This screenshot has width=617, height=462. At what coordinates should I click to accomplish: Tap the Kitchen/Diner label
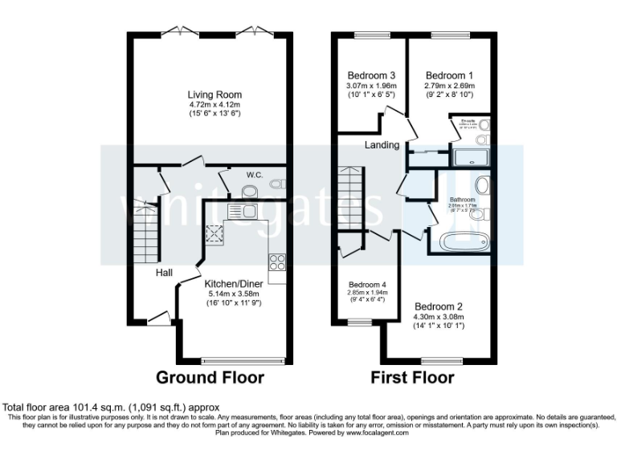pyautogui.click(x=233, y=284)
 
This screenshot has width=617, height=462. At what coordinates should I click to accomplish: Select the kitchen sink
pyautogui.click(x=242, y=211)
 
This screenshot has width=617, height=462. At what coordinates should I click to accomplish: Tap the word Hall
pyautogui.click(x=164, y=274)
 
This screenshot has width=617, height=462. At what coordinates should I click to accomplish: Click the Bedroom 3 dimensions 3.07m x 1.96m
pyautogui.click(x=366, y=85)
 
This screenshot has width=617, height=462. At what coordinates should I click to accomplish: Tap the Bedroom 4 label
pyautogui.click(x=368, y=285)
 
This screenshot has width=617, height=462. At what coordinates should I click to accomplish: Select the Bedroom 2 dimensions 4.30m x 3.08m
pyautogui.click(x=439, y=317)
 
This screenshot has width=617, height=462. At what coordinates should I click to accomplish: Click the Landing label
pyautogui.click(x=382, y=145)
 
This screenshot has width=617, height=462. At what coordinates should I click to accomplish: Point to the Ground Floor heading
pyautogui.click(x=209, y=377)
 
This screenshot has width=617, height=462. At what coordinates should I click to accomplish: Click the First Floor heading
pyautogui.click(x=412, y=377)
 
